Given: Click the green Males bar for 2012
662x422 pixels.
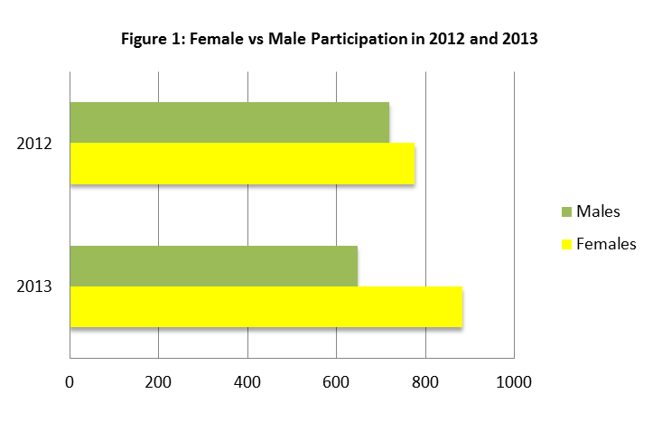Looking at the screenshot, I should pyautogui.click(x=229, y=122).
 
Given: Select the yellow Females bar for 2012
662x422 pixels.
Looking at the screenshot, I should pyautogui.click(x=242, y=164).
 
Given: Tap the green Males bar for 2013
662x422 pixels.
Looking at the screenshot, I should pyautogui.click(x=213, y=266).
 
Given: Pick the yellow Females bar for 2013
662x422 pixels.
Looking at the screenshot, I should pyautogui.click(x=266, y=307).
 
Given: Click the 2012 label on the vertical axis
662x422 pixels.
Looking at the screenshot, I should pyautogui.click(x=35, y=144).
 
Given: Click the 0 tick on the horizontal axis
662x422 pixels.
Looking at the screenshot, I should pyautogui.click(x=70, y=382).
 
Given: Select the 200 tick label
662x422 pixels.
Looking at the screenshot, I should pyautogui.click(x=158, y=382).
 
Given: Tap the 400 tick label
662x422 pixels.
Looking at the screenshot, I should pyautogui.click(x=247, y=382).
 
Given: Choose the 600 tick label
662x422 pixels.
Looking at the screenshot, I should pyautogui.click(x=336, y=382).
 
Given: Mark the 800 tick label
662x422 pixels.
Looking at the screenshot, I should pyautogui.click(x=424, y=382).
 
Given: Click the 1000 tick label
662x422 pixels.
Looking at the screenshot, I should pyautogui.click(x=514, y=382).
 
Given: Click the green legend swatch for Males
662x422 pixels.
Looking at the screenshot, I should pyautogui.click(x=566, y=211).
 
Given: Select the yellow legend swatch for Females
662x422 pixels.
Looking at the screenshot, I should pyautogui.click(x=566, y=244).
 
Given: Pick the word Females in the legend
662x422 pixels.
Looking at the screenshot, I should pyautogui.click(x=606, y=244).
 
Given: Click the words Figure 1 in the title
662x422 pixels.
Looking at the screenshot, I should pyautogui.click(x=149, y=42).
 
